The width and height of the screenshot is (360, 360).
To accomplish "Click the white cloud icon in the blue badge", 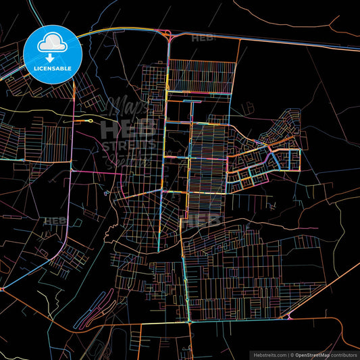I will (x=52, y=43).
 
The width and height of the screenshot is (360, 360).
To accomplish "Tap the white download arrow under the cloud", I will (x=52, y=57).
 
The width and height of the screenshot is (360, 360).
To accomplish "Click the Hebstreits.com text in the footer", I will (x=268, y=354).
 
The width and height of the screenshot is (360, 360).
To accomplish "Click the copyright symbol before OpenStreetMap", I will (x=292, y=354).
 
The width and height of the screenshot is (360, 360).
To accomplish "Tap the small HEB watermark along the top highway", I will (x=202, y=38).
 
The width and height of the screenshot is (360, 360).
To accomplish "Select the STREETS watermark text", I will (x=128, y=145).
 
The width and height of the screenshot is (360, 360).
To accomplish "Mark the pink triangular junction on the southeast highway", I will (x=288, y=316).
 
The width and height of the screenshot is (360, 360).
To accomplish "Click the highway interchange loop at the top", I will (x=168, y=36).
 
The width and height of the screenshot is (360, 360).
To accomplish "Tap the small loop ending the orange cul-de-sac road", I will (x=91, y=120).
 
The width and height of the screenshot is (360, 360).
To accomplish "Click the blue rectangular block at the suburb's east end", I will (x=293, y=159).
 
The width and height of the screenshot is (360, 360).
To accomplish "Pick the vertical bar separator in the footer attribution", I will (x=288, y=354).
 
